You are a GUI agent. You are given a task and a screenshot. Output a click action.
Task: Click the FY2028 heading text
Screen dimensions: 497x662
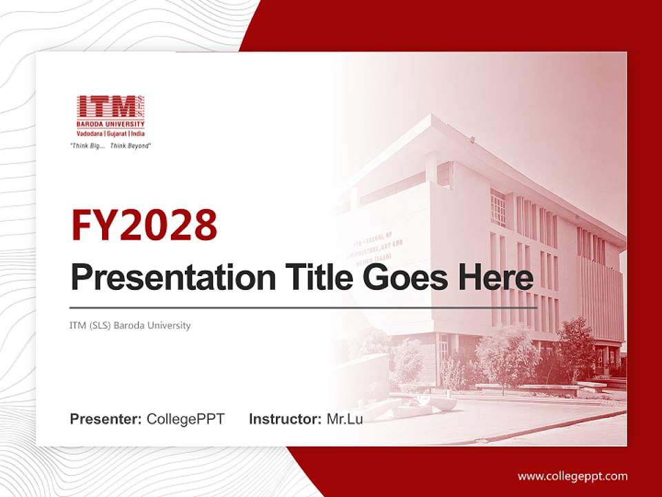click(144, 225)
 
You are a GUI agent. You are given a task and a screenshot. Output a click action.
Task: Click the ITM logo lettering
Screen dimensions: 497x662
click(106, 107)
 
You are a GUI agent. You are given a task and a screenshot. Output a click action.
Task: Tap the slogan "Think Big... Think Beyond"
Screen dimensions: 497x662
click(110, 146)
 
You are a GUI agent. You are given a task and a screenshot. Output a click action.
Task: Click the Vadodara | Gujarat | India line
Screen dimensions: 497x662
click(110, 133)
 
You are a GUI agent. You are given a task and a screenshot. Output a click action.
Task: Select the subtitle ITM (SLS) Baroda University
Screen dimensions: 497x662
click(130, 325)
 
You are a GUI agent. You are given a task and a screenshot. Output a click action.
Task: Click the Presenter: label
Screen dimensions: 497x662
click(106, 419)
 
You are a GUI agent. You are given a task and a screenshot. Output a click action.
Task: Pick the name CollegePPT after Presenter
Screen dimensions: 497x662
click(185, 419)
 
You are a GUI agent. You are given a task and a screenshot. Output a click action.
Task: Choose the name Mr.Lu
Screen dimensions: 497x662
click(345, 419)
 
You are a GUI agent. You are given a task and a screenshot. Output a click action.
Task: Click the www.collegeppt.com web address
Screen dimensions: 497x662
click(572, 476)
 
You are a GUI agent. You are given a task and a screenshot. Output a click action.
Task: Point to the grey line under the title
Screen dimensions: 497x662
click(303, 307)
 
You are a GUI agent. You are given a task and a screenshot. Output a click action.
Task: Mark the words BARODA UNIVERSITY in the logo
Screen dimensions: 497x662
click(110, 124)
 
